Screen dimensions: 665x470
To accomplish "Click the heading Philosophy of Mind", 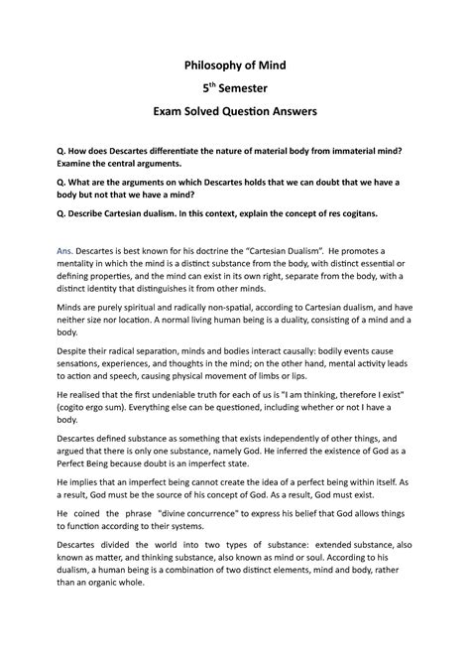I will pyautogui.click(x=234, y=65).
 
